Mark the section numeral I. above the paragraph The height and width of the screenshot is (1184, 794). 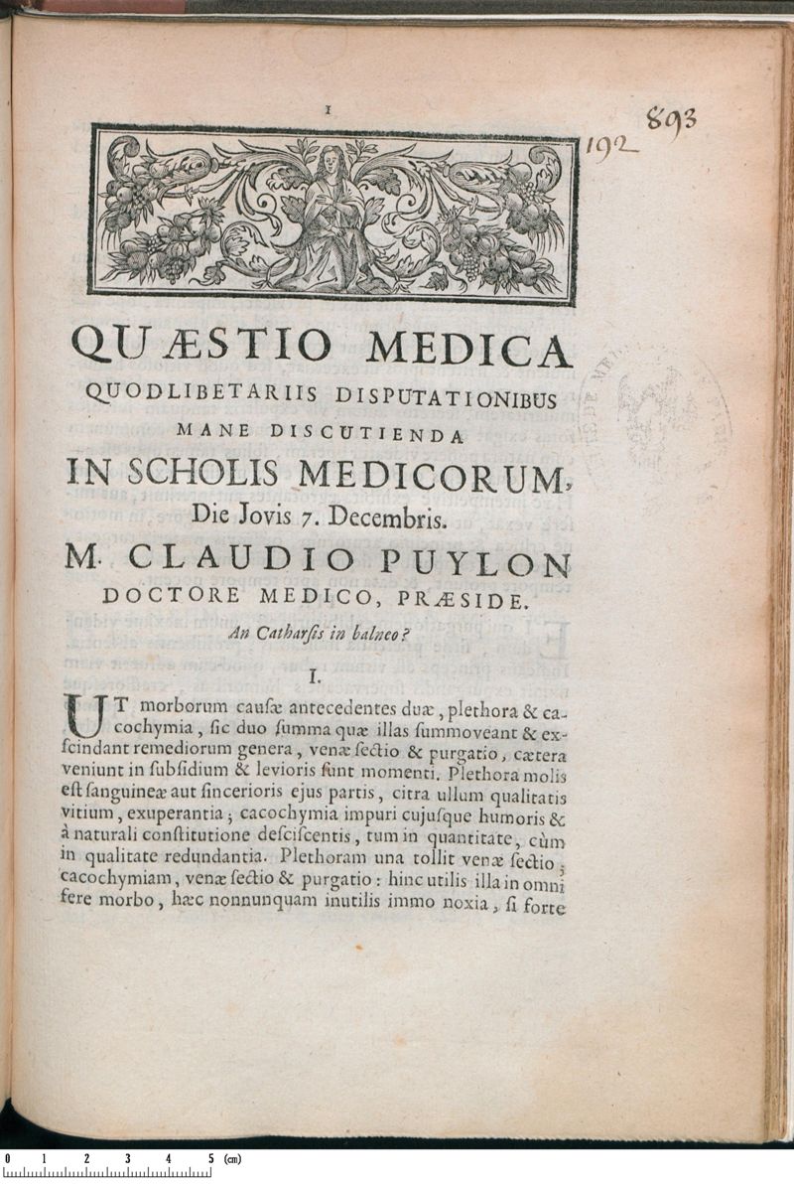[x=315, y=677]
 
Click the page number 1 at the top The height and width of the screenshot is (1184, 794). [x=329, y=111]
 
